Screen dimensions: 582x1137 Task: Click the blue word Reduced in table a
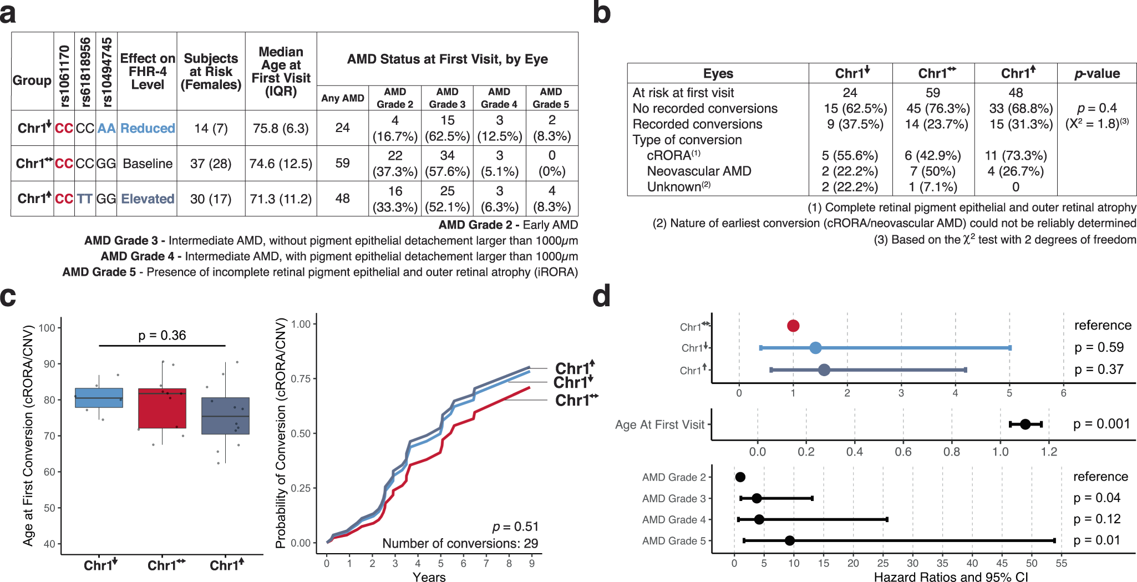pyautogui.click(x=148, y=128)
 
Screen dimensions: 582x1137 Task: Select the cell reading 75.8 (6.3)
pyautogui.click(x=281, y=128)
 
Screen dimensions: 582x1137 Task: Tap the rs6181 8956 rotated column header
pyautogui.click(x=85, y=72)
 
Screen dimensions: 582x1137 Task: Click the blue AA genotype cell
pyautogui.click(x=106, y=128)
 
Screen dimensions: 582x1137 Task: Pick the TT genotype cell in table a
pyautogui.click(x=85, y=199)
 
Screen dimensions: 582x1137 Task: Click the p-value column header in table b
pyautogui.click(x=1097, y=73)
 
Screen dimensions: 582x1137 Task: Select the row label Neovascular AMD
pyautogui.click(x=699, y=171)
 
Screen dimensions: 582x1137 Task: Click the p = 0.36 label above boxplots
pyautogui.click(x=162, y=335)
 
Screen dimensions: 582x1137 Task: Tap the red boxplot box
pyautogui.click(x=162, y=409)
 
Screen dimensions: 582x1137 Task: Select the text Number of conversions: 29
pyautogui.click(x=460, y=543)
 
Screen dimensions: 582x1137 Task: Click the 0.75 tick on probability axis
pyautogui.click(x=301, y=378)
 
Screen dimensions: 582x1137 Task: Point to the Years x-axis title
pyautogui.click(x=429, y=577)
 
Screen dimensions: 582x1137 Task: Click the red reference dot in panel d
pyautogui.click(x=793, y=326)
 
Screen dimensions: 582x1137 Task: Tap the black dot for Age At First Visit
pyautogui.click(x=1025, y=424)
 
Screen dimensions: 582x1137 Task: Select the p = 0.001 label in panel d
pyautogui.click(x=1102, y=424)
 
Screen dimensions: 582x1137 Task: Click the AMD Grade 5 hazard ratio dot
pyautogui.click(x=789, y=540)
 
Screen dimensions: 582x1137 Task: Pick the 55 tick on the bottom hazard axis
pyautogui.click(x=1061, y=563)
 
